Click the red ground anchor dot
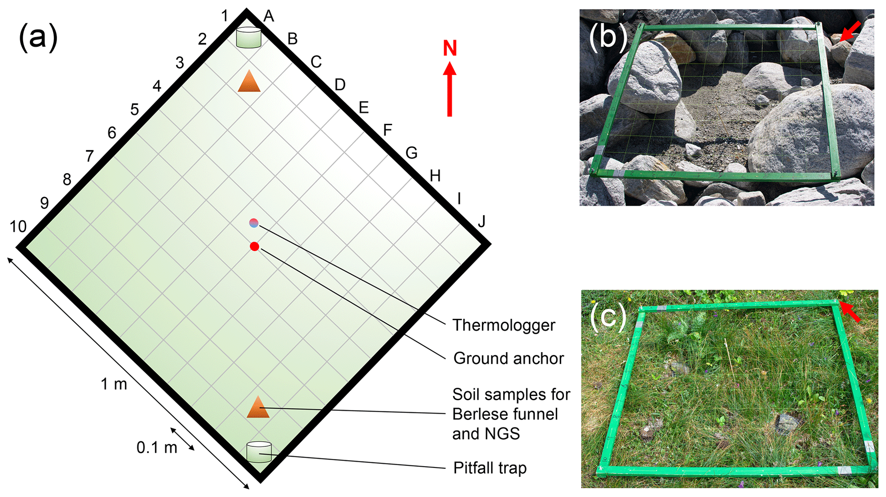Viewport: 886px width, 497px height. (254, 246)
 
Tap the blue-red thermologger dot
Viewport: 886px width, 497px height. (254, 223)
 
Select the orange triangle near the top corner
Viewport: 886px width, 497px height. (249, 81)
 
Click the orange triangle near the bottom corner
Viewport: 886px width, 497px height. (258, 407)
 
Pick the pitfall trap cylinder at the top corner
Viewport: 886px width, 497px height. (249, 37)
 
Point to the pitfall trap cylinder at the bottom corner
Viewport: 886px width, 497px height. (259, 452)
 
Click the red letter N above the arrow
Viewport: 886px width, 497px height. (450, 48)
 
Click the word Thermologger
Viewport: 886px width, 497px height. (504, 325)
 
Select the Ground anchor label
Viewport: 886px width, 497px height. (508, 358)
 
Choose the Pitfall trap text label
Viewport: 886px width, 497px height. (490, 468)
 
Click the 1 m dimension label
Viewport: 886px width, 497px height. (114, 384)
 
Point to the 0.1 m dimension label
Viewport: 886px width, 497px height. (157, 448)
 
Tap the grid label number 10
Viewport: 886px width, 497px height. (18, 226)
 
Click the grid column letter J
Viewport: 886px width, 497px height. (482, 222)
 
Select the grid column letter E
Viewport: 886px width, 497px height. (363, 107)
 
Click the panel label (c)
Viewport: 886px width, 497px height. (608, 317)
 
